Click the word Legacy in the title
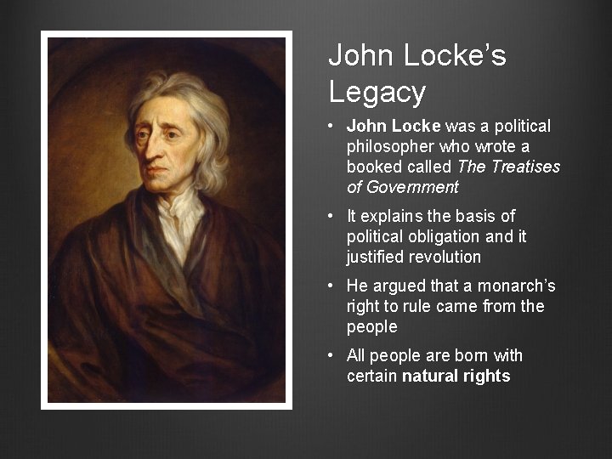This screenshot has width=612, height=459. (x=377, y=92)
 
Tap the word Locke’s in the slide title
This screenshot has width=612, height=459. (x=455, y=56)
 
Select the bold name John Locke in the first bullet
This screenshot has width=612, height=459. (x=394, y=127)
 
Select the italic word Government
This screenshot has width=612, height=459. (x=402, y=188)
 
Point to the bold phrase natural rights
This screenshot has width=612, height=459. (x=456, y=376)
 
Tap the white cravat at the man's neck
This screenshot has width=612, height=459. (x=181, y=221)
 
